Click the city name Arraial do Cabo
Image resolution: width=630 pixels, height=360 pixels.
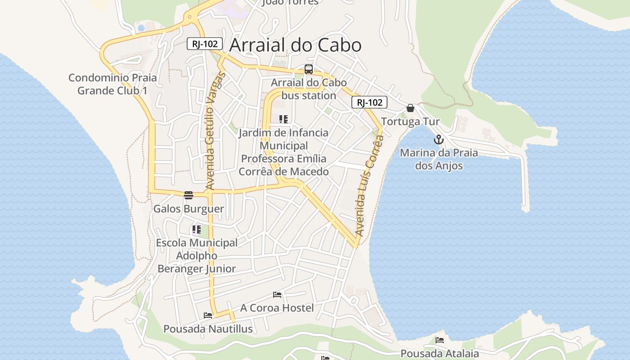295,45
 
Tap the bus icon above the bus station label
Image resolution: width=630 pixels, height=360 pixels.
309,69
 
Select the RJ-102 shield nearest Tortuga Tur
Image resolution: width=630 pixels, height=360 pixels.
369,103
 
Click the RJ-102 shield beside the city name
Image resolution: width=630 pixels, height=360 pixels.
205,44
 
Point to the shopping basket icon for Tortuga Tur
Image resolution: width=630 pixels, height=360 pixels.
410,108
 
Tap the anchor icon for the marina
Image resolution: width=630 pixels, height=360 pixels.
439,139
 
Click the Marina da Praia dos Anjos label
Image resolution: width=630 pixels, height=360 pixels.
439,159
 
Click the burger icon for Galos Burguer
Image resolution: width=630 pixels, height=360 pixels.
189,195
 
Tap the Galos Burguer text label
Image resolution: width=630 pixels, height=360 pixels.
189,209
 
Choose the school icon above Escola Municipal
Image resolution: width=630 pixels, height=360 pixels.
197,229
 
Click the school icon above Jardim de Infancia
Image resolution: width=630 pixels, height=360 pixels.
283,119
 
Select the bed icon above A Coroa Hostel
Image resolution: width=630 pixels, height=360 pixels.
277,295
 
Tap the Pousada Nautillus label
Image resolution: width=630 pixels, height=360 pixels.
208,329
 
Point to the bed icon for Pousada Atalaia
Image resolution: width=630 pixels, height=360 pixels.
440,340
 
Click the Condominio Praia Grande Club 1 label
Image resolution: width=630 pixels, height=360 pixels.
112,84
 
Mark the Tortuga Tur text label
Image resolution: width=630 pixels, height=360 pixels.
410,121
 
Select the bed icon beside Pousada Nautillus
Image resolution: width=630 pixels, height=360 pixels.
208,315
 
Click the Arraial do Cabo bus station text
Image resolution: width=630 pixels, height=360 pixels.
309,89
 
